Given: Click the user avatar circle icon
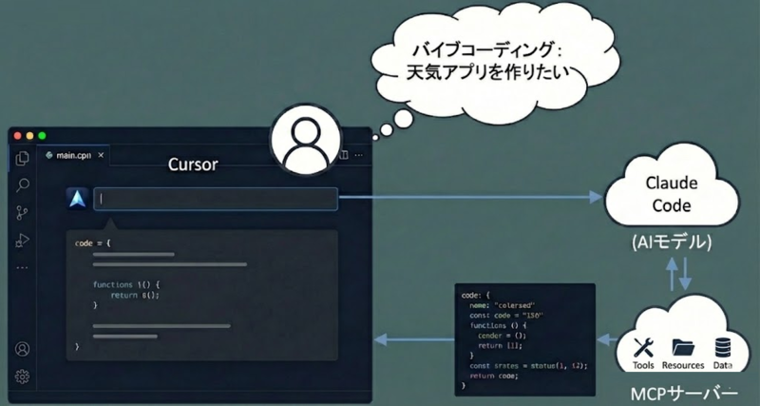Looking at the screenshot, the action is tap(307, 143).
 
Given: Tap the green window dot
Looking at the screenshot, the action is tap(41, 136).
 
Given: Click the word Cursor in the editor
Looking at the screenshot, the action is tap(193, 164).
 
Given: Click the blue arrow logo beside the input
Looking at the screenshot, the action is tap(77, 199).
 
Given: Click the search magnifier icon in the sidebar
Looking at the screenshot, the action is tap(23, 185).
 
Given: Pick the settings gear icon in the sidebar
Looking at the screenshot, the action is tap(23, 377).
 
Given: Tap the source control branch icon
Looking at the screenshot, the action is tap(23, 213).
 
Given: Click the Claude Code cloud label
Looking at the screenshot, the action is tap(672, 194).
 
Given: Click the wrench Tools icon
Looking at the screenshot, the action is tap(643, 347).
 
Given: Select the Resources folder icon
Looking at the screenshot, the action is tap(682, 347).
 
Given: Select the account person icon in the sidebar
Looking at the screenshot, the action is tap(23, 349).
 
